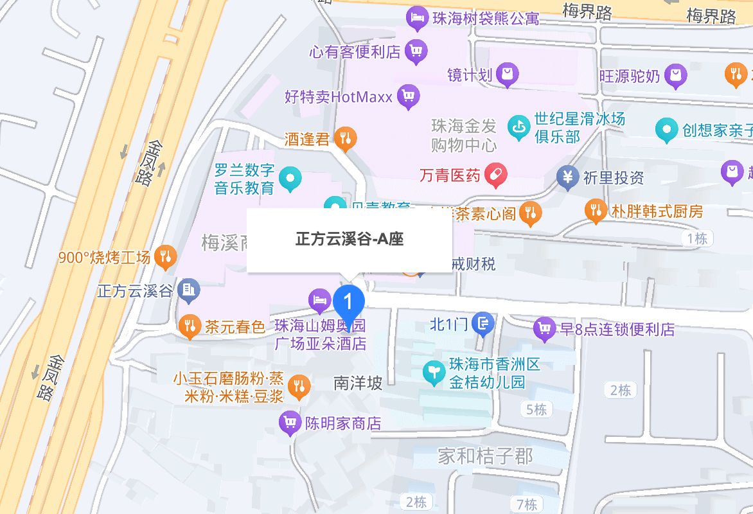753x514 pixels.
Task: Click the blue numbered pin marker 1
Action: coord(349,300)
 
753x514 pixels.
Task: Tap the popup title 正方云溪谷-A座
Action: coord(350,240)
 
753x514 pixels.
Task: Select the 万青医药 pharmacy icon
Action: coord(495,175)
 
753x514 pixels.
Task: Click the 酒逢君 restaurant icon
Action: coord(346,138)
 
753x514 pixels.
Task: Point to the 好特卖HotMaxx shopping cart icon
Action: coord(407,97)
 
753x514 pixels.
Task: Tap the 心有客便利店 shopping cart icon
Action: coord(416,51)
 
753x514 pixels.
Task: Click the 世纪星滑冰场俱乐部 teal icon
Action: coord(517,127)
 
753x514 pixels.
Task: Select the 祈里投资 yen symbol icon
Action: coord(567,177)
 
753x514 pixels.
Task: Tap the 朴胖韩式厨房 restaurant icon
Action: coord(596,210)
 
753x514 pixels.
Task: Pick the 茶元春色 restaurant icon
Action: coord(189,326)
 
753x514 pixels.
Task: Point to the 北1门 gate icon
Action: coord(483,324)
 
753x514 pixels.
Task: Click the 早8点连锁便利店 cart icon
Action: coord(544,329)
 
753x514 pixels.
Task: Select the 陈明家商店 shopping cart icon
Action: coord(290,423)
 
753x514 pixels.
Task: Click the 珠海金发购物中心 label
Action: coord(464,135)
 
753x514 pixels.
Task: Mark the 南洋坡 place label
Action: coord(358,383)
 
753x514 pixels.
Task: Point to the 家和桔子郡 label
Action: coord(485,456)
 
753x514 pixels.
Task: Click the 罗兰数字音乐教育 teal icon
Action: coord(290,179)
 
